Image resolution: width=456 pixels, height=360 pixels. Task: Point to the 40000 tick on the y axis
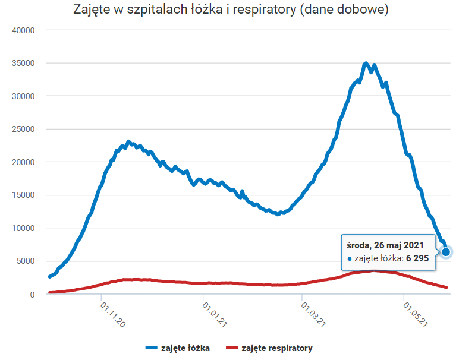(x=24, y=30)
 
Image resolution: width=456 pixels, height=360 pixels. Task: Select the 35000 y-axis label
(x=24, y=63)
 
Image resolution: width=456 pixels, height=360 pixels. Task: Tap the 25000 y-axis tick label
(x=24, y=129)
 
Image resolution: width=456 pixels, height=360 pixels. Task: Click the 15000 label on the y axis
(x=24, y=195)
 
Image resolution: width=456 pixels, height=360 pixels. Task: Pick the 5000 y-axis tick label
(x=26, y=261)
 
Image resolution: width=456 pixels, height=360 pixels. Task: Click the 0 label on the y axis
(x=33, y=294)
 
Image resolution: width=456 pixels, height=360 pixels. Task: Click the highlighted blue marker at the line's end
(x=446, y=252)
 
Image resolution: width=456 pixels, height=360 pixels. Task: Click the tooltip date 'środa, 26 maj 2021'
(x=385, y=245)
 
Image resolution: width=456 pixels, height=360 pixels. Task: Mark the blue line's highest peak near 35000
(x=366, y=63)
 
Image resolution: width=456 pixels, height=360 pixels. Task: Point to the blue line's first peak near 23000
(x=128, y=142)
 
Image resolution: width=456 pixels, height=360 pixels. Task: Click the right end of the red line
(x=446, y=288)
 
